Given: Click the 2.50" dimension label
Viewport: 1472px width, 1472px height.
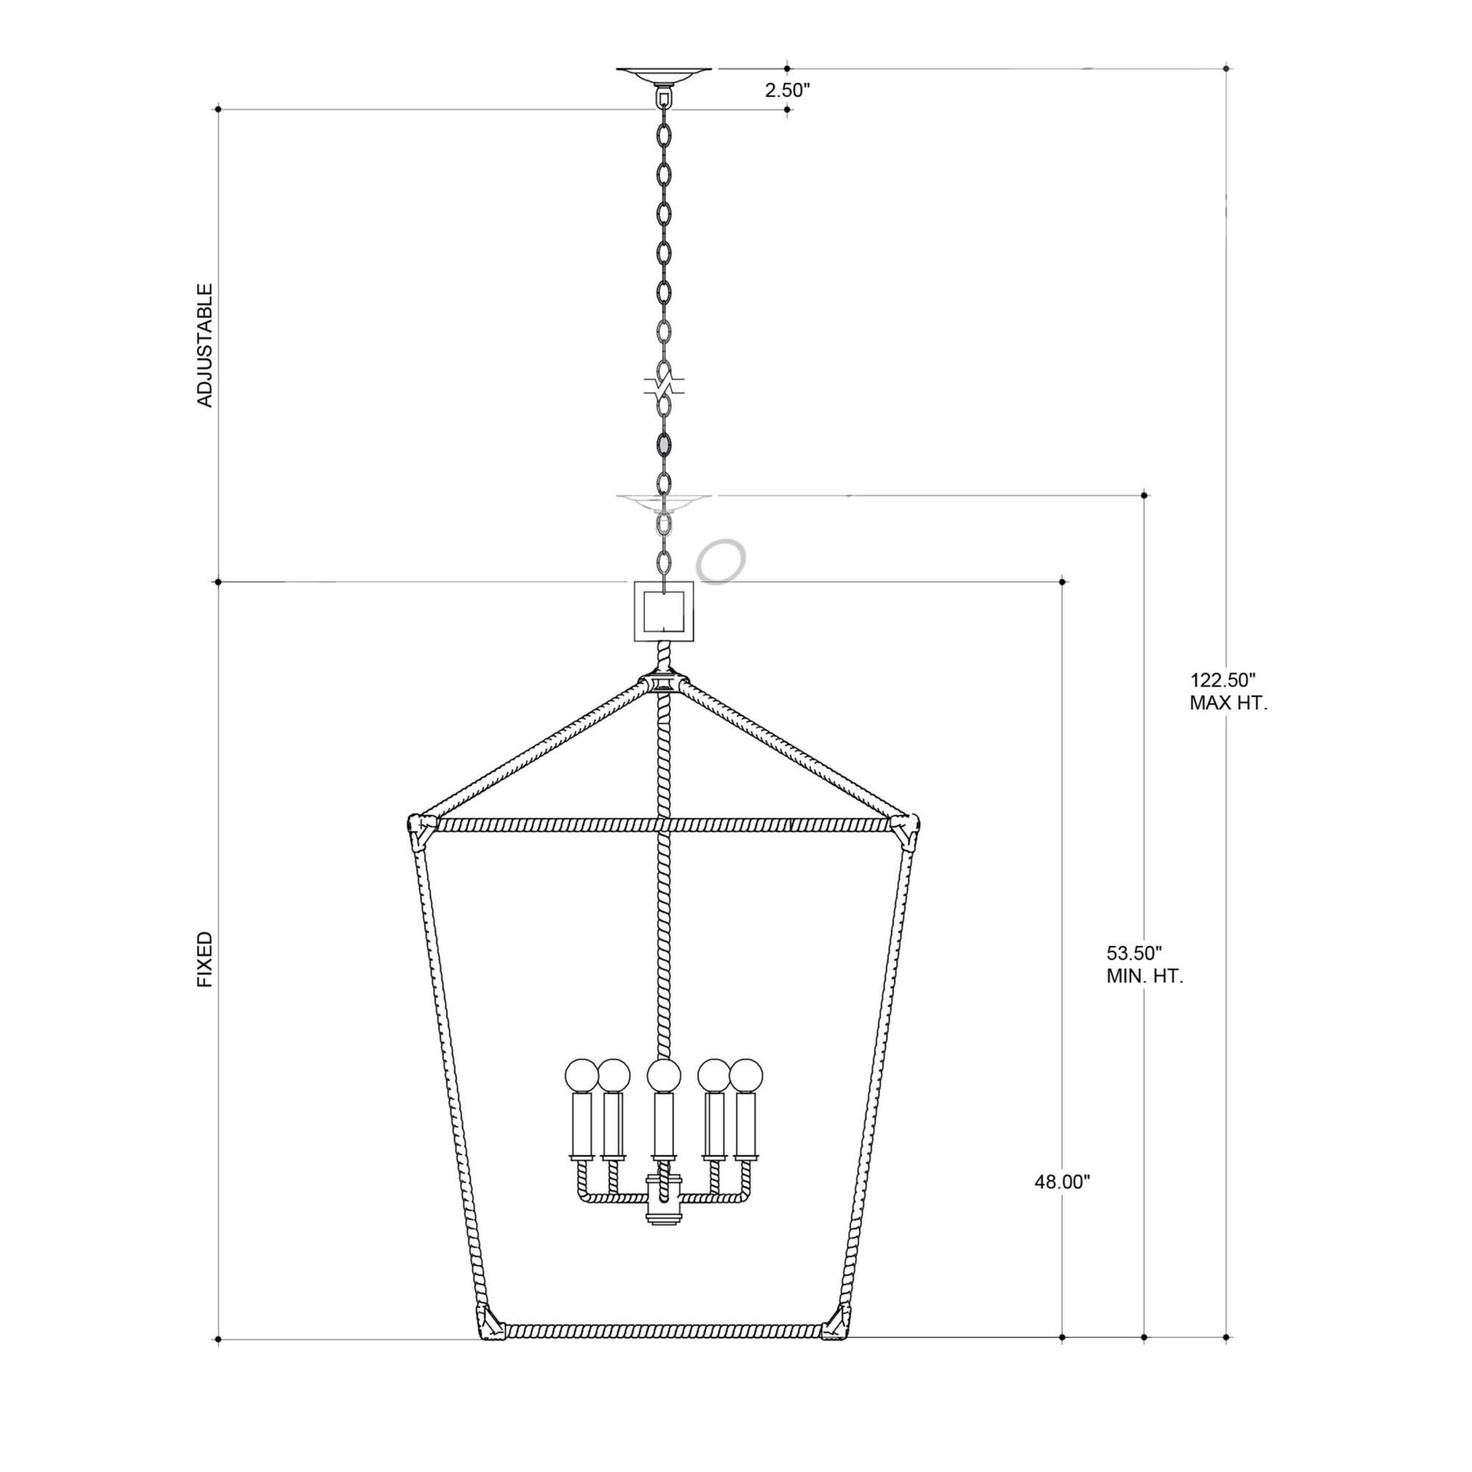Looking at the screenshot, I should click(x=787, y=90).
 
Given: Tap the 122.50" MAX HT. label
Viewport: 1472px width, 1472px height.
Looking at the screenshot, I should click(x=1228, y=691).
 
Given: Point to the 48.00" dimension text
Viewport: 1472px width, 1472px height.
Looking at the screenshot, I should click(x=1062, y=1182).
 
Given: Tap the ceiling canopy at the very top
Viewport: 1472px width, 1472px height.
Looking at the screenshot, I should click(x=664, y=74).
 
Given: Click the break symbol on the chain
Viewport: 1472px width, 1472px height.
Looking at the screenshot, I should click(x=664, y=384).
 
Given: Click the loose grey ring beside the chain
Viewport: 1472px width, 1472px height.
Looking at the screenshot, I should click(x=721, y=562).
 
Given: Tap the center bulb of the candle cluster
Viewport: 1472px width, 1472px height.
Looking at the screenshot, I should click(x=664, y=1075).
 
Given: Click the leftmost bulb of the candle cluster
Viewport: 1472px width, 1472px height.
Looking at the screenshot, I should click(x=581, y=1075).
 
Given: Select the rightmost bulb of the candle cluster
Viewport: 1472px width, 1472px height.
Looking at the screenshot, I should click(x=746, y=1075).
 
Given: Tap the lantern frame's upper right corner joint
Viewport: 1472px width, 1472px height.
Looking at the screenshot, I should click(x=908, y=826).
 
